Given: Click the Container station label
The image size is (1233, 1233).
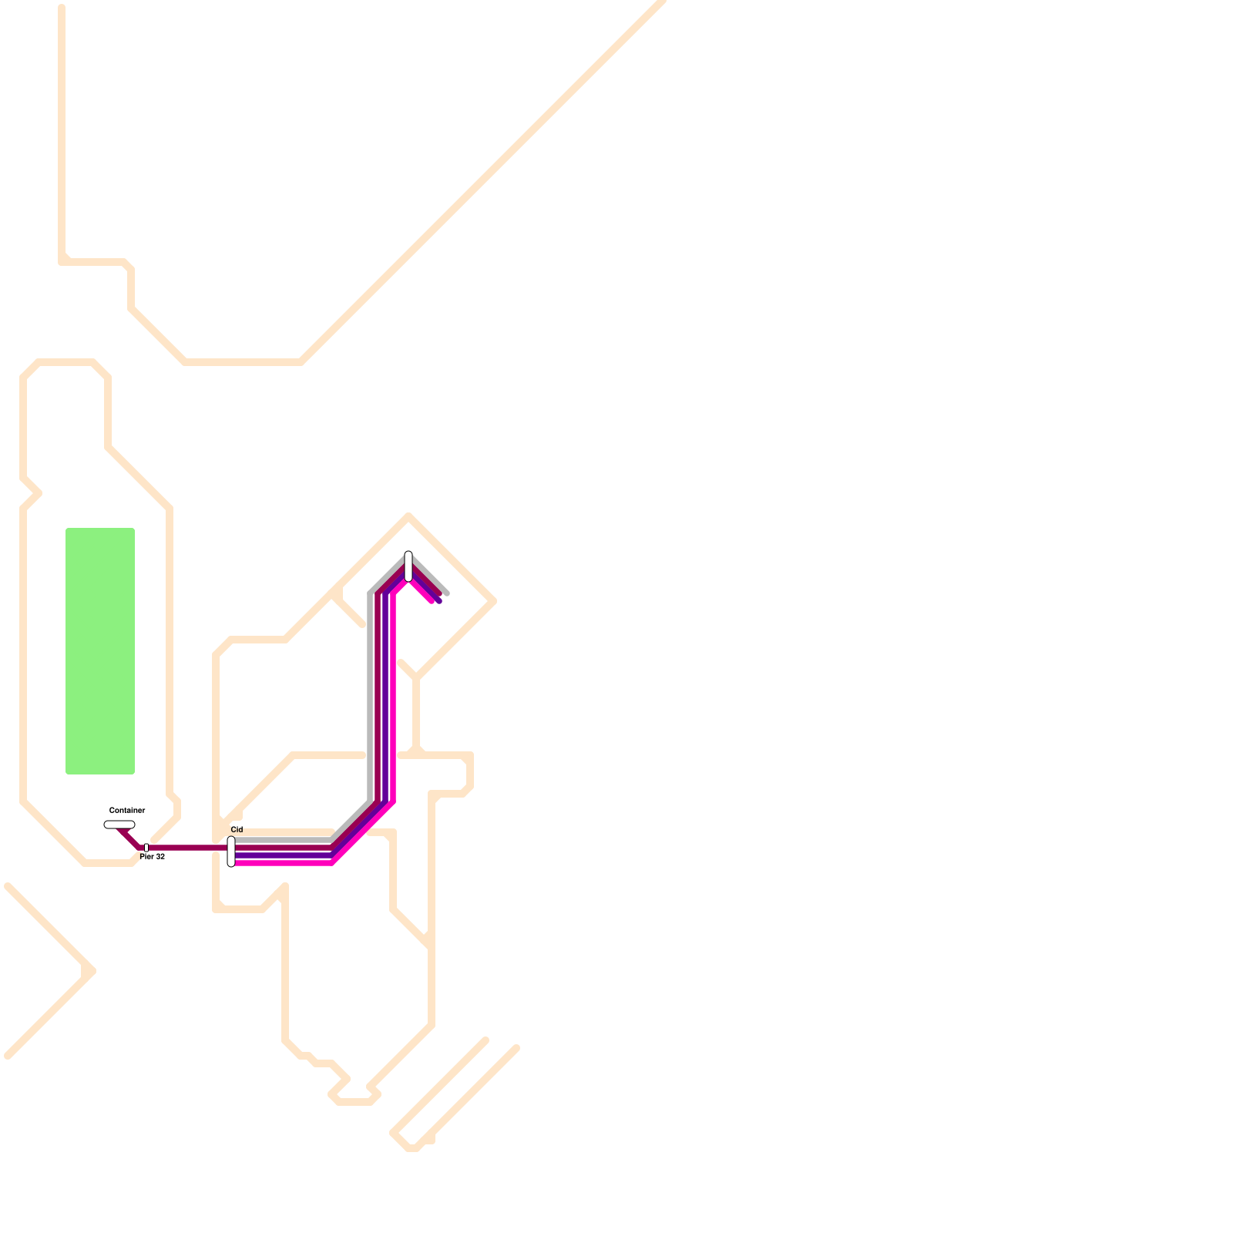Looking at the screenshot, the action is [x=127, y=810].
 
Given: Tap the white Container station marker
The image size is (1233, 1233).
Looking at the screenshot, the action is [x=119, y=825].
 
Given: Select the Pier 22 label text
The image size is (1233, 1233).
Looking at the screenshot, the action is [x=153, y=857].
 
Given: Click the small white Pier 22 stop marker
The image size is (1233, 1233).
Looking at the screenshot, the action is [x=146, y=848].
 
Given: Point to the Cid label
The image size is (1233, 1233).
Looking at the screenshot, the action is [x=237, y=829].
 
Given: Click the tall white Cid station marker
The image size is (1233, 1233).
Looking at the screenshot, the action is [x=231, y=852].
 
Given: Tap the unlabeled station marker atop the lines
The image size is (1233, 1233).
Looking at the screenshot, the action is [x=408, y=566].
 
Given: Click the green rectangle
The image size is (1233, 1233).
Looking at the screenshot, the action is [x=100, y=651].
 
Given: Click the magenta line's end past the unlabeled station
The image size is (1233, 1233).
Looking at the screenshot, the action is [x=432, y=601].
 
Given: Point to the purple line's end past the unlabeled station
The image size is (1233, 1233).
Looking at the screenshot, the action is [x=439, y=601].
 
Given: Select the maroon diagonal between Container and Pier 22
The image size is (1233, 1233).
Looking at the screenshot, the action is [x=129, y=838].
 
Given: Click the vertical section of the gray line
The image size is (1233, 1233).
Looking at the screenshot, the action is [x=371, y=694].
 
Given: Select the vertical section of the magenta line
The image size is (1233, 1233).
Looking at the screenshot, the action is [x=392, y=694].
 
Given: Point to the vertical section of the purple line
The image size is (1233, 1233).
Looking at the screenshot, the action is [x=385, y=694].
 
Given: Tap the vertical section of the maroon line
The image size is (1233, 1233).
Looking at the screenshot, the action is [x=378, y=694].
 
